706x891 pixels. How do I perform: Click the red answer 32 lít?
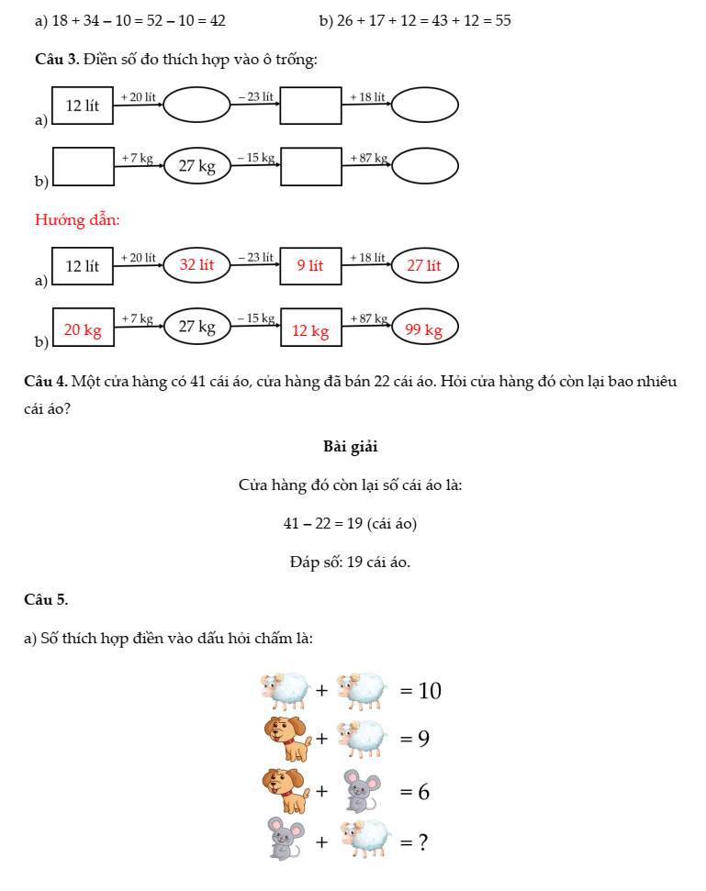(196, 265)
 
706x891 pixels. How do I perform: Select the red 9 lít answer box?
(310, 266)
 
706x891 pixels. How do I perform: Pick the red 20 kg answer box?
(83, 329)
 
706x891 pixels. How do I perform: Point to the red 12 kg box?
(310, 330)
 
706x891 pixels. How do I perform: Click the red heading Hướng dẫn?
(77, 219)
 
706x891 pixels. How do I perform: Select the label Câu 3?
(56, 60)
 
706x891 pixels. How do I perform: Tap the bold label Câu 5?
(46, 599)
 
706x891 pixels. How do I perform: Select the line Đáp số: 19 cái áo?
(350, 562)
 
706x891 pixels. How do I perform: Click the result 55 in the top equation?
(502, 20)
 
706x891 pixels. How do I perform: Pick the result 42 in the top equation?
(217, 20)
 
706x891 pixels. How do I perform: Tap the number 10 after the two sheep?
(430, 691)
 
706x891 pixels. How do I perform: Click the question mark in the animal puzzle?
(423, 841)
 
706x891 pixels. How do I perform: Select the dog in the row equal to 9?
(286, 739)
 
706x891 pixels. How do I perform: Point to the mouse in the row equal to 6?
(361, 791)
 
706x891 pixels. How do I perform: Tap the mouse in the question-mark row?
(286, 839)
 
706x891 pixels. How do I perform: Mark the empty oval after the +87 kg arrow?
(424, 166)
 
